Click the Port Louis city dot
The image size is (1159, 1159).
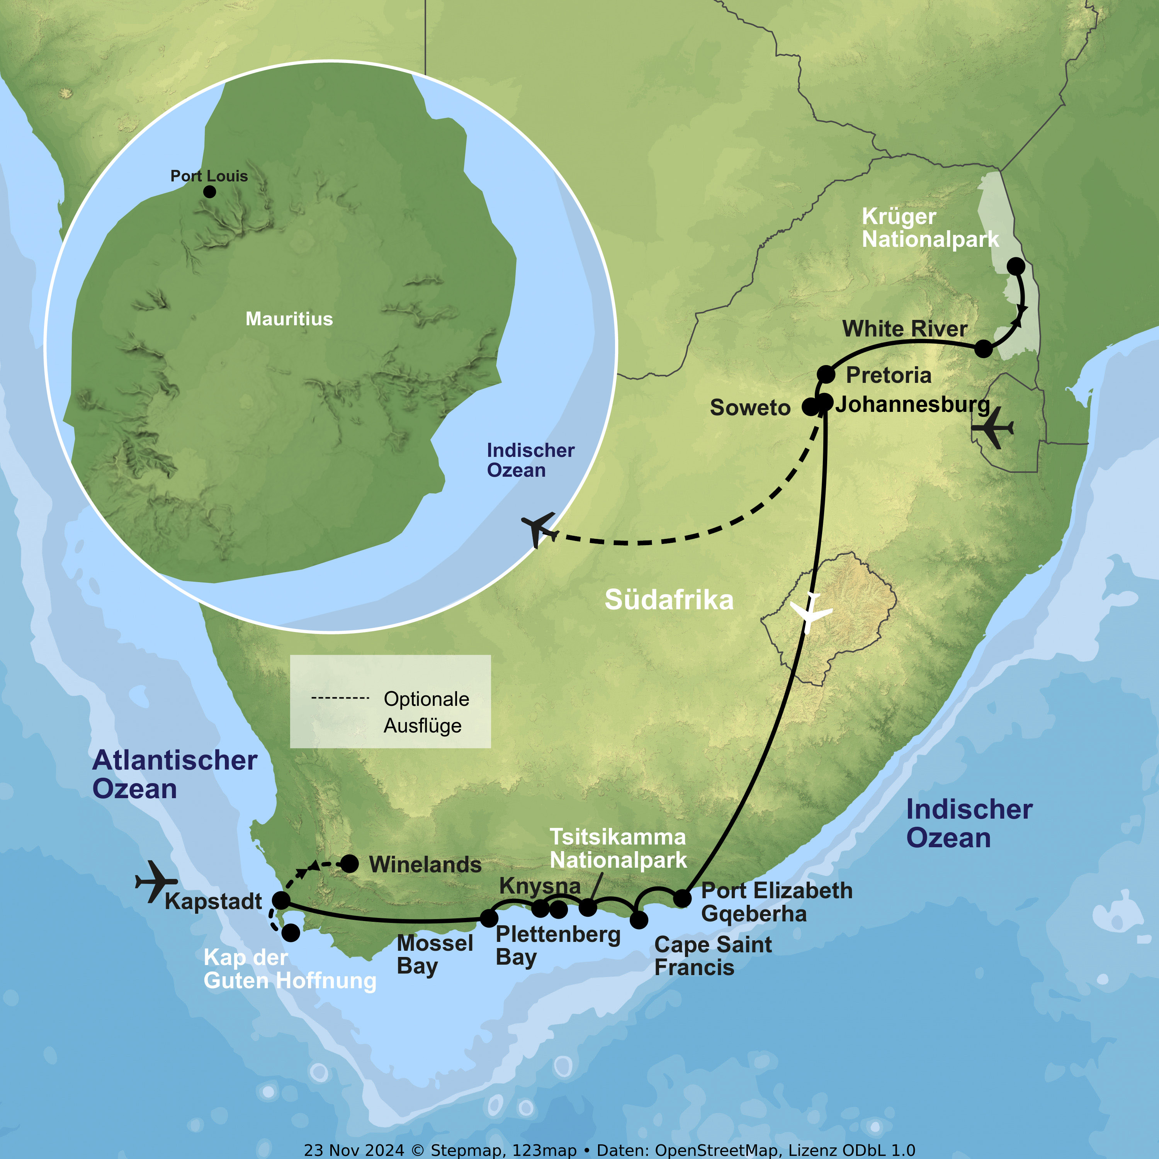click(209, 192)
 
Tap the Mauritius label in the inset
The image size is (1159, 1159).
click(289, 319)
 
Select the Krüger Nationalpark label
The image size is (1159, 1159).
click(930, 228)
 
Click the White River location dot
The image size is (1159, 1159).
click(983, 348)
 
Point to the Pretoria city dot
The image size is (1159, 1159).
click(826, 374)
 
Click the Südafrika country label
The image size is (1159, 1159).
click(669, 600)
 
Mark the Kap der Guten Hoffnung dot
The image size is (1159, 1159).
click(291, 932)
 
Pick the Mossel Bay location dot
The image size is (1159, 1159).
click(489, 918)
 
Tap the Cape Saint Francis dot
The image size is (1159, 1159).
click(639, 919)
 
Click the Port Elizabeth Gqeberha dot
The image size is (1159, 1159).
click(683, 898)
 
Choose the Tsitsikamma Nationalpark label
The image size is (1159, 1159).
click(618, 848)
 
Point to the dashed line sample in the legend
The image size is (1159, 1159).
click(340, 698)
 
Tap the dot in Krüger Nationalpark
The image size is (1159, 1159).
click(1016, 266)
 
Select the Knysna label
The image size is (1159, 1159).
click(540, 886)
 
